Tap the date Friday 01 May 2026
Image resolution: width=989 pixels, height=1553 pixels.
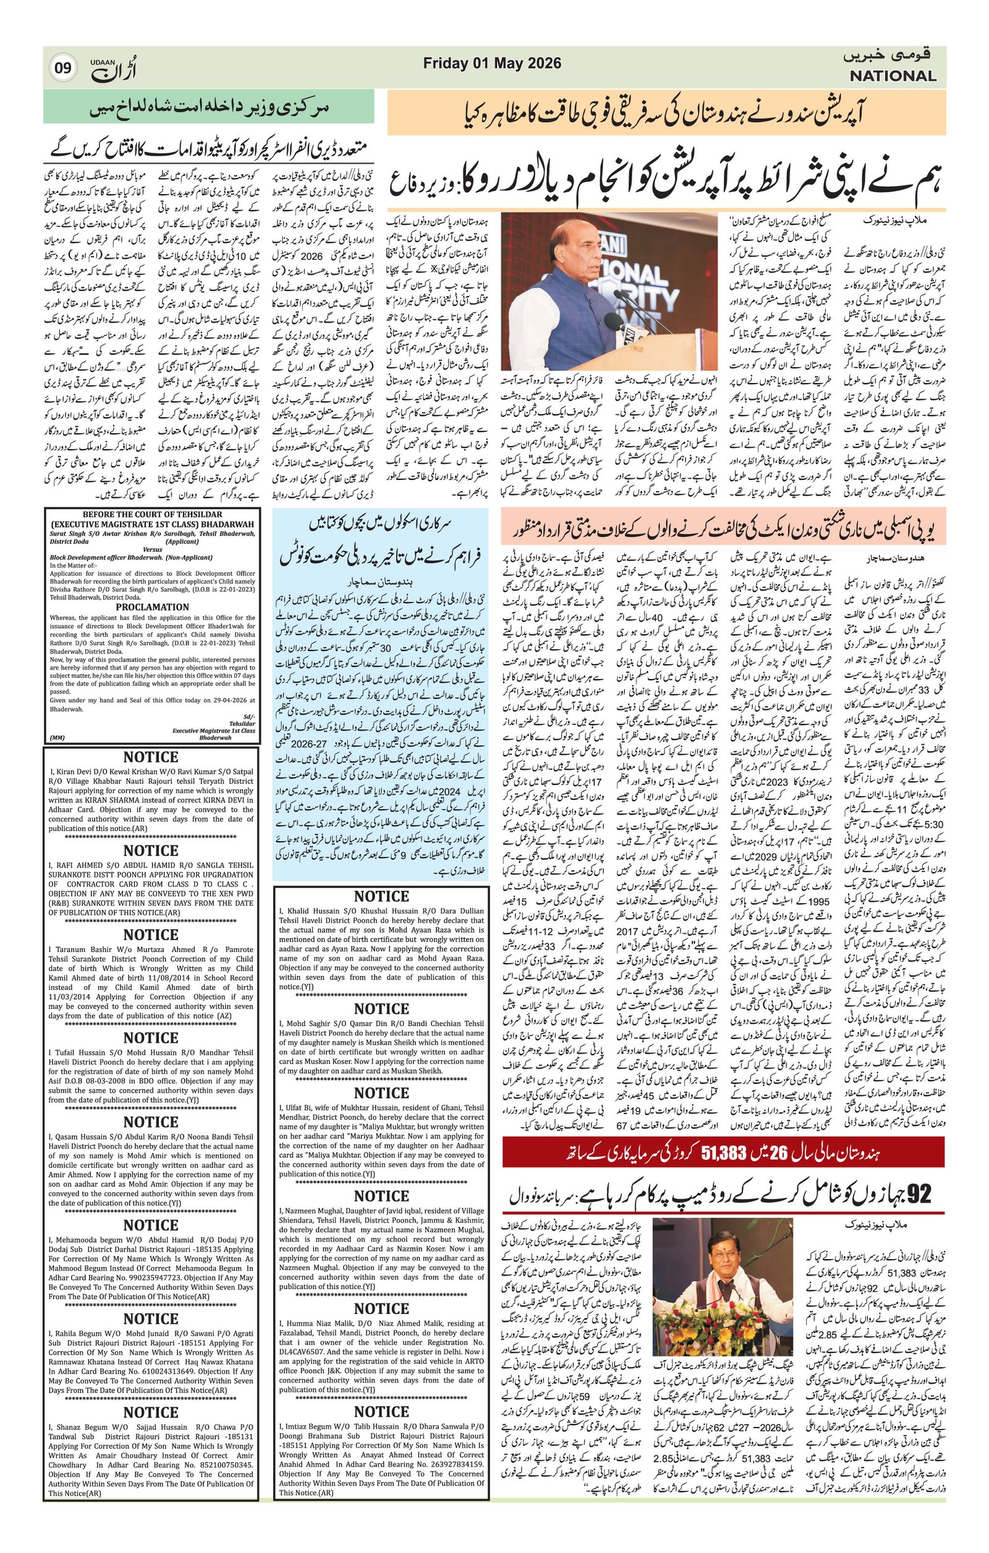pos(492,63)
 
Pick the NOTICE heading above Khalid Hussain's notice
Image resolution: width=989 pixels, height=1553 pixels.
pos(381,896)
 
